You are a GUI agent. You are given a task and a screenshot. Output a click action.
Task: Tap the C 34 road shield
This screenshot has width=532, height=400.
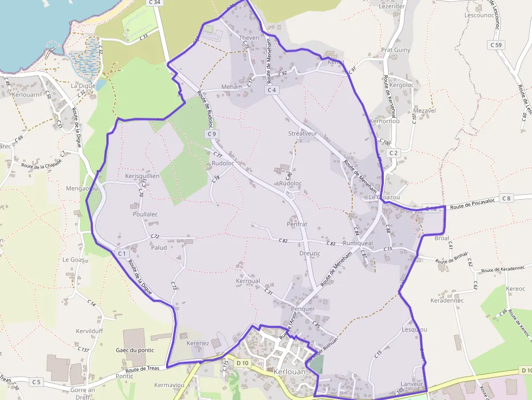[155, 3]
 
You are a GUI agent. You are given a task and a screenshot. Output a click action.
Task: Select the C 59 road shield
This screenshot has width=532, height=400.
[496, 45]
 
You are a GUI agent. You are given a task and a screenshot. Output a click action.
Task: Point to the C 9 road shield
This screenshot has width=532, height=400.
[211, 134]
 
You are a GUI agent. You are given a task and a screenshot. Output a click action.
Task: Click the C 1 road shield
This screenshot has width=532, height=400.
[122, 253]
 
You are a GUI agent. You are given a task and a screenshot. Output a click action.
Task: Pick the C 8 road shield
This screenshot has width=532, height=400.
[506, 199]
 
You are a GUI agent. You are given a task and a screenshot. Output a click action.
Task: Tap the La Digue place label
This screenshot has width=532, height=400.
[83, 86]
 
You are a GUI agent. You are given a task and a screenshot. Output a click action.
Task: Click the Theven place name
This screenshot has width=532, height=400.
[249, 38]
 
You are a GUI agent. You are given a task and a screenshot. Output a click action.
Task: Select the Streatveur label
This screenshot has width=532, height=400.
[302, 133]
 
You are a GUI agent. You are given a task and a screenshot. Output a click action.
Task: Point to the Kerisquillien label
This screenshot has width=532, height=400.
[142, 176]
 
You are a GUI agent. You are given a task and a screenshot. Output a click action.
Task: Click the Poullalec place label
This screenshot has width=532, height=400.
[145, 214]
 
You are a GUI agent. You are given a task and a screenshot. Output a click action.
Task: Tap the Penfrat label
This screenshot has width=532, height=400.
[297, 224]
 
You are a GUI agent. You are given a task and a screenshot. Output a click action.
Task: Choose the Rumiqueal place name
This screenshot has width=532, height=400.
[358, 244]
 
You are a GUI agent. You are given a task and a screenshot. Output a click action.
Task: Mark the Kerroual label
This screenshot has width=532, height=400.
[248, 281]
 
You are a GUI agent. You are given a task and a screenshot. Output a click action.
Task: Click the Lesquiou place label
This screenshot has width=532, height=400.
[414, 329]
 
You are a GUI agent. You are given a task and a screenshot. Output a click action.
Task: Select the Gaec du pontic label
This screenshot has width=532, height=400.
[135, 350]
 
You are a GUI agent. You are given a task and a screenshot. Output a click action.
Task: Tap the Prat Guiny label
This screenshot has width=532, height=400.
[396, 50]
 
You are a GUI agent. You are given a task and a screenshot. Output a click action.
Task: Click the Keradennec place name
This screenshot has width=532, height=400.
[447, 300]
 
